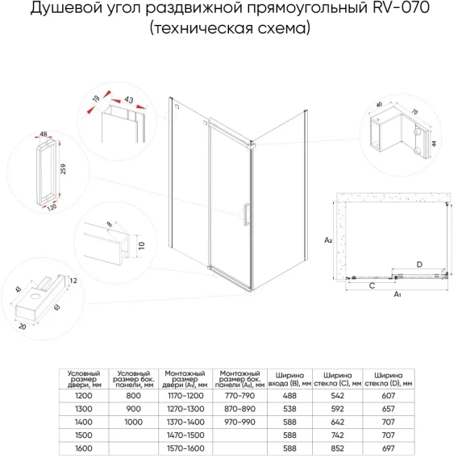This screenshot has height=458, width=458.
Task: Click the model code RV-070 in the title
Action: click(x=401, y=8)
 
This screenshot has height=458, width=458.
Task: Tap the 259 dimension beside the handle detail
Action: click(x=63, y=169)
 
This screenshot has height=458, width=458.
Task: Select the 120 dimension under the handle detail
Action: click(x=52, y=206)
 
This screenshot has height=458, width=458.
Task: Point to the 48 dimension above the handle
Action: click(x=44, y=134)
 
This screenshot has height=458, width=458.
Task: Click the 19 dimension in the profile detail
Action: click(x=96, y=98)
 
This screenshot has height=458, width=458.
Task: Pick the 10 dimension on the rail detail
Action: click(x=142, y=246)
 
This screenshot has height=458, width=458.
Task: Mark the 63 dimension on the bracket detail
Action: click(x=57, y=307)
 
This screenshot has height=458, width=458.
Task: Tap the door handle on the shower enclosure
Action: click(x=246, y=214)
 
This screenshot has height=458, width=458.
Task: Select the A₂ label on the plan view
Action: click(x=328, y=240)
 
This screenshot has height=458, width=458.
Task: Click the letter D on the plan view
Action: click(x=419, y=264)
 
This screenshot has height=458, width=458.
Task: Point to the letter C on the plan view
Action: click(x=372, y=285)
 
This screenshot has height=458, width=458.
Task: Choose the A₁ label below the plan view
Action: click(x=398, y=294)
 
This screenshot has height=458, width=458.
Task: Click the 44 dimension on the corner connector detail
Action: click(x=434, y=144)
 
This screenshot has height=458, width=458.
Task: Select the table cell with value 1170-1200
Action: click(x=185, y=395)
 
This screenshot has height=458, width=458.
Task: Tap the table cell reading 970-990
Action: click(x=239, y=422)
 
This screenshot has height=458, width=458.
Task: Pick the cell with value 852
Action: click(x=337, y=448)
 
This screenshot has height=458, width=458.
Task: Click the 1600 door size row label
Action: click(x=84, y=448)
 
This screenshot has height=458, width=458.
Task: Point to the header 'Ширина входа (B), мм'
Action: click(x=289, y=379)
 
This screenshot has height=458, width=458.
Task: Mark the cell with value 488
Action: click(x=289, y=395)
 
